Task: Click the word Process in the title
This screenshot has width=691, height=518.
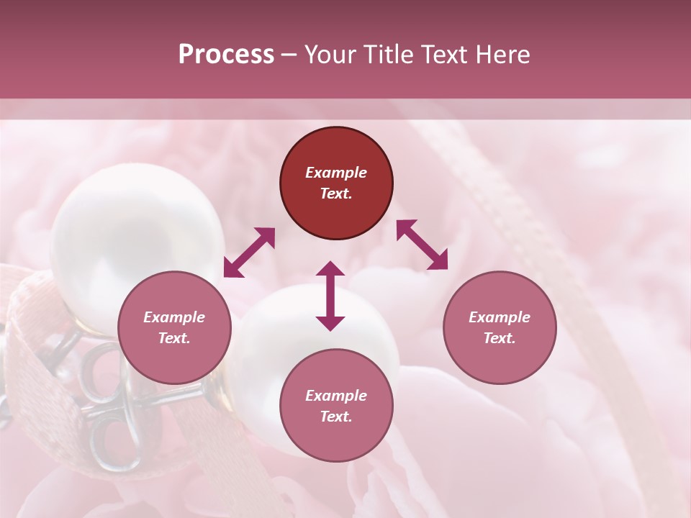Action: point(226,55)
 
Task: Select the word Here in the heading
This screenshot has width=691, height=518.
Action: point(502,55)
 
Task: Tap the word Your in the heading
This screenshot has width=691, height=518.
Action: point(332,55)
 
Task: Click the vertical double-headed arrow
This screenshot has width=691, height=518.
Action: point(330,296)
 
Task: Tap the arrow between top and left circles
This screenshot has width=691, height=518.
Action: point(249,253)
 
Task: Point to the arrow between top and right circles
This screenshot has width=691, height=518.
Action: point(422,245)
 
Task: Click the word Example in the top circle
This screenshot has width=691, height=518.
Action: point(336,173)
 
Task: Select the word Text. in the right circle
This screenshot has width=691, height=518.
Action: point(500,338)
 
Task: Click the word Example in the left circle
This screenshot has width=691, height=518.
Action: point(174,317)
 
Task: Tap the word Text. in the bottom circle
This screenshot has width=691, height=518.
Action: point(336,417)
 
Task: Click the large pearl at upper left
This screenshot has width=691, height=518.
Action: point(130,230)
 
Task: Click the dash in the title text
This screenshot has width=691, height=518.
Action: point(289,55)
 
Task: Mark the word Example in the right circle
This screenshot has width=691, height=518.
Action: point(500,317)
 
